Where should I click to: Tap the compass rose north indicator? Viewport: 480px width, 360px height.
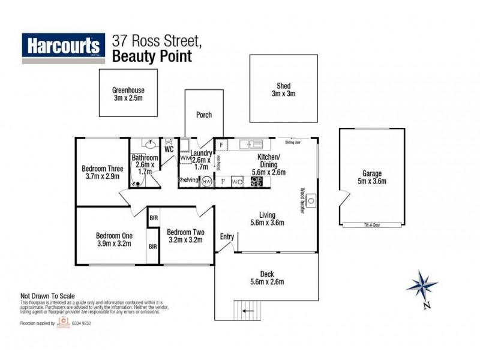(422, 287)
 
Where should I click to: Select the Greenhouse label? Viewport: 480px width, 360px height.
(128, 91)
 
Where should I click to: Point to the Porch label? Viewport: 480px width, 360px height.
(204, 115)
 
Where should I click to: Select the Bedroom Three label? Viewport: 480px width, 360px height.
(102, 169)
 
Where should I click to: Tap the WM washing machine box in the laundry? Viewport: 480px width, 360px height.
(184, 158)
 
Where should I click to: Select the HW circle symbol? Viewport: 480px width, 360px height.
(206, 181)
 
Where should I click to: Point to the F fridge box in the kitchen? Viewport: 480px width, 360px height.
(221, 145)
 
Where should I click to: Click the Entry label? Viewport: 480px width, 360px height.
(227, 236)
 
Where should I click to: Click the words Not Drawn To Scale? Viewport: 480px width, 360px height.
(48, 296)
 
